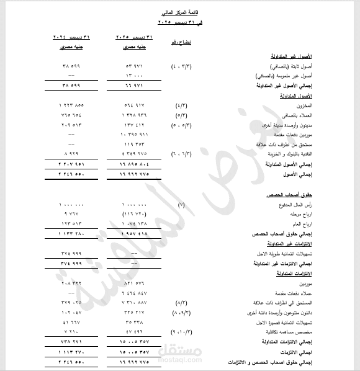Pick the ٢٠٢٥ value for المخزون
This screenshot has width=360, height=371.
(x=135, y=107)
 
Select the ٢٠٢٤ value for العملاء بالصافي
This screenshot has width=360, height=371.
(x=73, y=116)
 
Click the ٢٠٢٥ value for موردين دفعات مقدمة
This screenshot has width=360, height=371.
(x=133, y=134)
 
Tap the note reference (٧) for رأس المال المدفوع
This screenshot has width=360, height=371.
(x=181, y=205)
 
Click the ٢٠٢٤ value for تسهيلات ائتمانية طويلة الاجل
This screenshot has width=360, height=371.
(x=73, y=255)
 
